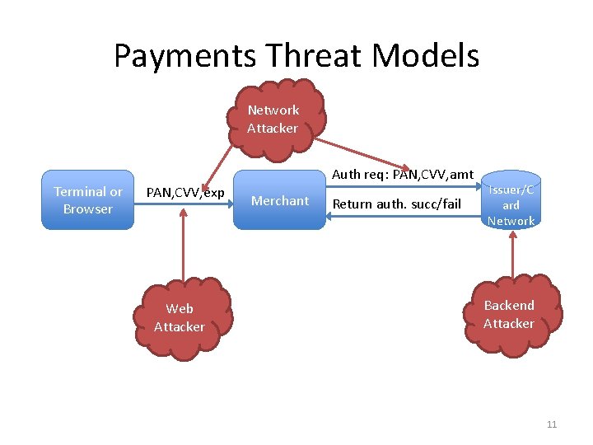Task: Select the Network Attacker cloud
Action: click(273, 118)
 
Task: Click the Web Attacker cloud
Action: click(180, 318)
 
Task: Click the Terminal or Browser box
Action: click(87, 199)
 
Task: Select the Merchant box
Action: click(280, 200)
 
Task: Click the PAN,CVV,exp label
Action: click(185, 192)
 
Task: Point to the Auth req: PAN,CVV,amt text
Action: click(403, 174)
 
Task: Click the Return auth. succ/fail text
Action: click(397, 204)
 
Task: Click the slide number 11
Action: click(552, 424)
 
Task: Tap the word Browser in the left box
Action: click(88, 208)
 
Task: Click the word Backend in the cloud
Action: click(509, 305)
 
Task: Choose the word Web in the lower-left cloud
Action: click(180, 309)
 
